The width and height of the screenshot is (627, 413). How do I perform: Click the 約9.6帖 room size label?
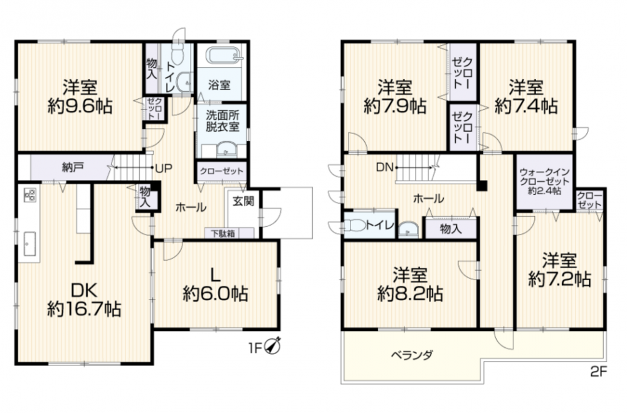point(80,107)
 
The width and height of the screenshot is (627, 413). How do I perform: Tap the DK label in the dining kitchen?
point(84,290)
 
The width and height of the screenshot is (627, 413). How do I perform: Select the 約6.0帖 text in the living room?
point(215,294)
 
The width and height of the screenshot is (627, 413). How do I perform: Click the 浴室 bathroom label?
point(219,85)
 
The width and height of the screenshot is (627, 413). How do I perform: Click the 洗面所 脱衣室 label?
point(223,121)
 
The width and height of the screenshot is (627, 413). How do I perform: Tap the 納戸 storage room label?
point(73,167)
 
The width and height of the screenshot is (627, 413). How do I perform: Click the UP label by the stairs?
point(164,169)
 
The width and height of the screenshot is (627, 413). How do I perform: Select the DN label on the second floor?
point(385,167)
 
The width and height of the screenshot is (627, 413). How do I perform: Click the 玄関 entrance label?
point(243,201)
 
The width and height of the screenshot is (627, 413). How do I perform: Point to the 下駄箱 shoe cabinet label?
point(223,233)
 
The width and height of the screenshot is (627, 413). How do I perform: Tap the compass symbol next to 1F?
point(273,346)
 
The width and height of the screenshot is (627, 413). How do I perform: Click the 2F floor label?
point(598,372)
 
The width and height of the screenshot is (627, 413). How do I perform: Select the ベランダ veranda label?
point(411,355)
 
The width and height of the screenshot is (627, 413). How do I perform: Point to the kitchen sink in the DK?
point(30,244)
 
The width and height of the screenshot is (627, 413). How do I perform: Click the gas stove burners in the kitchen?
point(30,195)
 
